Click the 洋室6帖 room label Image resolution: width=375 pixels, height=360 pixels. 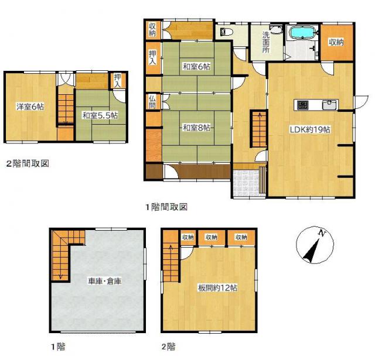(29, 107)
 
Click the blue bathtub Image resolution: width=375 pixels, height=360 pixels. (303, 32)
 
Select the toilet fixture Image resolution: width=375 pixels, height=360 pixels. (226, 33)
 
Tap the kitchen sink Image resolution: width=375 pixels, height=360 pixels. (329, 105)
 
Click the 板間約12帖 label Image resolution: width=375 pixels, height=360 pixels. (217, 287)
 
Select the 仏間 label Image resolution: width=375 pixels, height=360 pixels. (152, 101)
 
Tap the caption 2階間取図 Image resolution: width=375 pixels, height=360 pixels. (28, 163)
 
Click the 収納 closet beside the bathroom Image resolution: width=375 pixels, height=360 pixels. (336, 42)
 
